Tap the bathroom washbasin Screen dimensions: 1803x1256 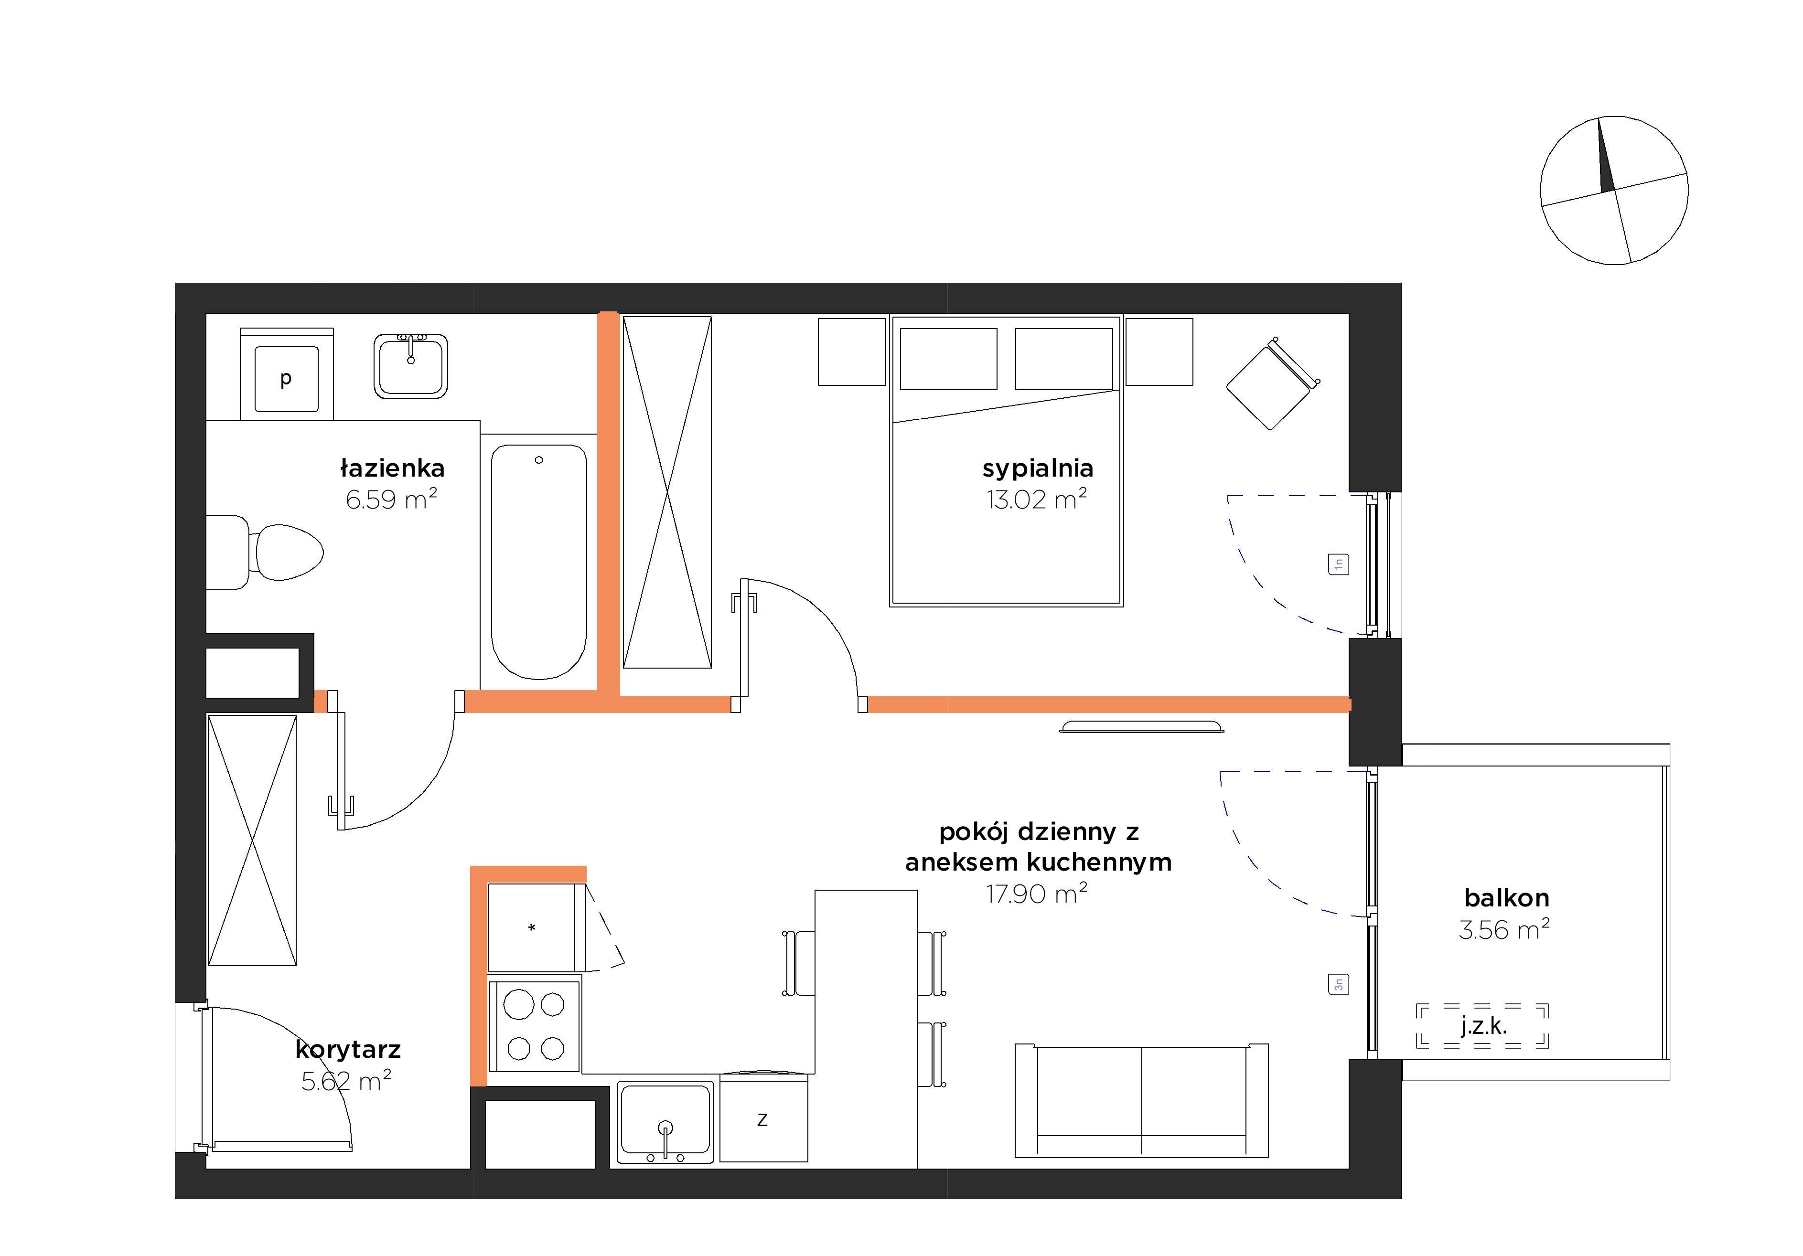[411, 366]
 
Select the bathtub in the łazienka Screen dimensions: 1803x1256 [539, 562]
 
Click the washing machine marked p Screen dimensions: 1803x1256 [287, 374]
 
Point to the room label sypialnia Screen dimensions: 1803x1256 [1037, 468]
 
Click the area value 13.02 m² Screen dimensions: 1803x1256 [1037, 499]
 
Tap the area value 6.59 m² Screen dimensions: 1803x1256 [391, 499]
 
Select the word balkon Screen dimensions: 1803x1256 [1506, 897]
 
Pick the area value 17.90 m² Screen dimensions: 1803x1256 [1037, 894]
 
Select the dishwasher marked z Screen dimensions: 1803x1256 [763, 1118]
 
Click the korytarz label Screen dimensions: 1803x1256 [348, 1050]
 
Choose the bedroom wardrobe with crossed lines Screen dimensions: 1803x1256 [667, 492]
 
